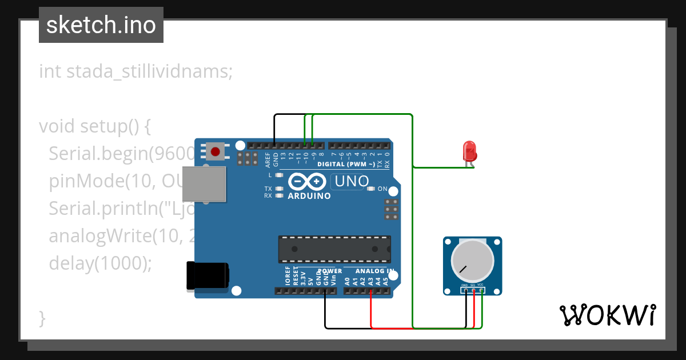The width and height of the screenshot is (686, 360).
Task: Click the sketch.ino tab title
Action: pos(101,25)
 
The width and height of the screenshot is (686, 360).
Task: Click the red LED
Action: pos(469,151)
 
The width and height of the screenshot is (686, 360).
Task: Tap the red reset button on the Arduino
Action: pos(216,152)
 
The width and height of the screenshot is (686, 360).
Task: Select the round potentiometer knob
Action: pos(472,259)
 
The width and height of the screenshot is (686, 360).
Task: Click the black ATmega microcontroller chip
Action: pos(334,249)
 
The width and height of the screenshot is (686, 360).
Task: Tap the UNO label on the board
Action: pos(351,182)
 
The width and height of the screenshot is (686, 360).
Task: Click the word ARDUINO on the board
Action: pos(309,196)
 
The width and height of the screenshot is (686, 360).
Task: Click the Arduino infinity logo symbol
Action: pos(309,182)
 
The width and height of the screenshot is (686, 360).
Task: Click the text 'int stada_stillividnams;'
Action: pos(136,72)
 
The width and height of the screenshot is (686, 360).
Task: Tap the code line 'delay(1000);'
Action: pos(101,263)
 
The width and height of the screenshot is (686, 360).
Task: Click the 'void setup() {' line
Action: pos(95,126)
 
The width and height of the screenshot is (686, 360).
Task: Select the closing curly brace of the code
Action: pos(42,318)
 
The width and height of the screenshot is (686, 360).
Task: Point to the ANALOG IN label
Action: pos(374,271)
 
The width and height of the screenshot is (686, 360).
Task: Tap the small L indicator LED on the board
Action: pos(279,175)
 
